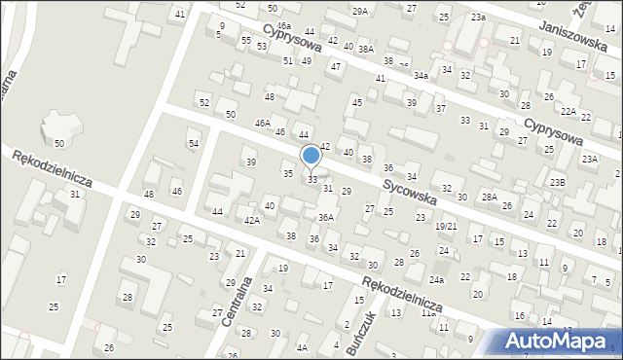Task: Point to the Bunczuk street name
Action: pos(359,335)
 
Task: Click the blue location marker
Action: pos(311,156)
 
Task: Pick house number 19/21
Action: pos(446,226)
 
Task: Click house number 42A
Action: pos(251,221)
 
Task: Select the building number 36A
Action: pos(326,217)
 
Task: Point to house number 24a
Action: pos(437,280)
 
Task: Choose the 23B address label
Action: pos(556,182)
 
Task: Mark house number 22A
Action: pos(568,112)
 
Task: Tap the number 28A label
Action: pos(490,197)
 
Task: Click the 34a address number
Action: pos(421,74)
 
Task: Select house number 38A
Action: pos(365,48)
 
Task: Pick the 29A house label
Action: pos(360,11)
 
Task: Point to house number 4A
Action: pos(303,347)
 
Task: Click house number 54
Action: pos(194,143)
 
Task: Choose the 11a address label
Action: pos(427,313)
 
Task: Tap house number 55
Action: pos(247,40)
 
